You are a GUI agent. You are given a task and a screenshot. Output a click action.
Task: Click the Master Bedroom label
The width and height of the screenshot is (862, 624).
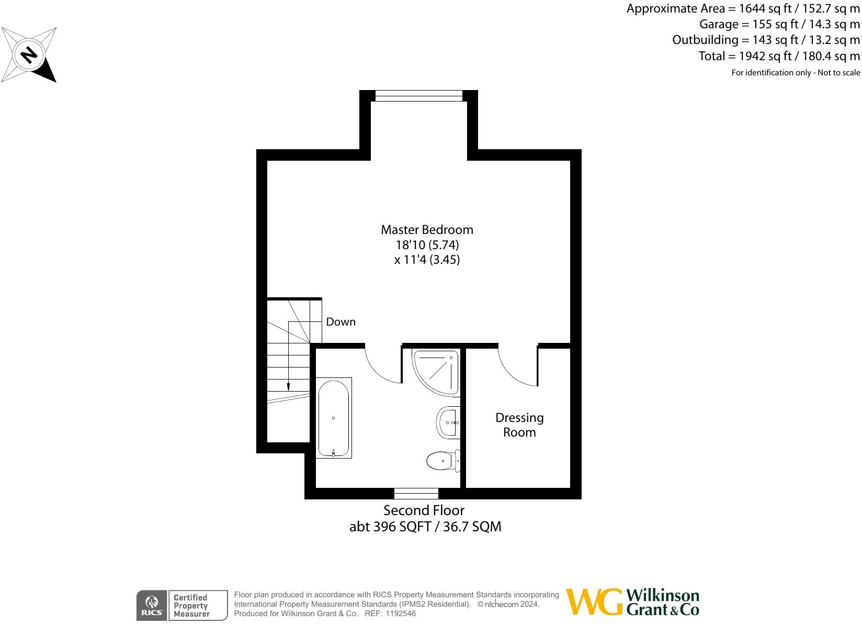click(x=427, y=230)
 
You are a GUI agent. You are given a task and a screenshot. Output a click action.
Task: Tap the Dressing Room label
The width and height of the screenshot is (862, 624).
click(x=519, y=425)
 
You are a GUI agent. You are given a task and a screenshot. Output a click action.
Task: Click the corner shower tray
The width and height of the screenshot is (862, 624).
click(x=435, y=371)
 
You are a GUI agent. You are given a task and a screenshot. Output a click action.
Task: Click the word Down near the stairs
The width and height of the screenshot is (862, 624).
click(x=341, y=322)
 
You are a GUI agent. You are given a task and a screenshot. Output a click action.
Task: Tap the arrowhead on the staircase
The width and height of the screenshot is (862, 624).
click(x=288, y=387)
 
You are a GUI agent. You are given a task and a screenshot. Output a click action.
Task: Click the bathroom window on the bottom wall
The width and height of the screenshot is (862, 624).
click(x=416, y=493)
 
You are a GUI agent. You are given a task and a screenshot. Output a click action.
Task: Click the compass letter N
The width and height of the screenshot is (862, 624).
click(x=29, y=54)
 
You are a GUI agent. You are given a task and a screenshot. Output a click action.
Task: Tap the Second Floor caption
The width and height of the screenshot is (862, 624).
click(x=424, y=510)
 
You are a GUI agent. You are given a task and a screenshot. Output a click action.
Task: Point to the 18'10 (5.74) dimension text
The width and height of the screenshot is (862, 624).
click(x=427, y=244)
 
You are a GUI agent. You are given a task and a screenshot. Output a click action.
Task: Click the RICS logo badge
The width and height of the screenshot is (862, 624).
click(x=152, y=606)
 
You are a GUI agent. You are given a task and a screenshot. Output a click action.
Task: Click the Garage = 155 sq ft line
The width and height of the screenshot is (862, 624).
click(x=779, y=24)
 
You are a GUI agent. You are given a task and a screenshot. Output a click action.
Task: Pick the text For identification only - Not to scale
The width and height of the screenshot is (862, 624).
click(x=795, y=73)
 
